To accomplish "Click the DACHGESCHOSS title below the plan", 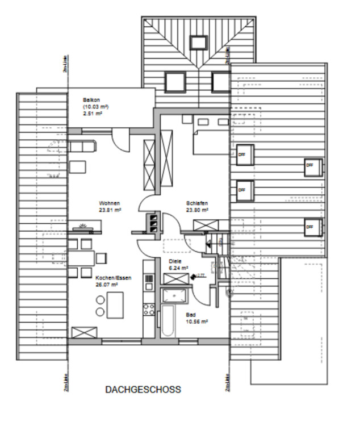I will tap(143, 390).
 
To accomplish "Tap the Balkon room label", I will tap(91, 101).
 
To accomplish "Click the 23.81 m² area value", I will tap(110, 210).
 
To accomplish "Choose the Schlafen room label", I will tap(196, 203).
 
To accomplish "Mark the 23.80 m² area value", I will tap(197, 210).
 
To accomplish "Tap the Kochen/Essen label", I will tap(109, 278).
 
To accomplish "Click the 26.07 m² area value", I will tap(107, 285).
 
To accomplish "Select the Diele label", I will tap(175, 262).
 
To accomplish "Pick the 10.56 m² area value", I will tap(196, 321).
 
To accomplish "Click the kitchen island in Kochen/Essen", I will tap(116, 304).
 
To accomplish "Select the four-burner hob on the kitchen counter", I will tap(149, 310).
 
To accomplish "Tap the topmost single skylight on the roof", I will tap(198, 43).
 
